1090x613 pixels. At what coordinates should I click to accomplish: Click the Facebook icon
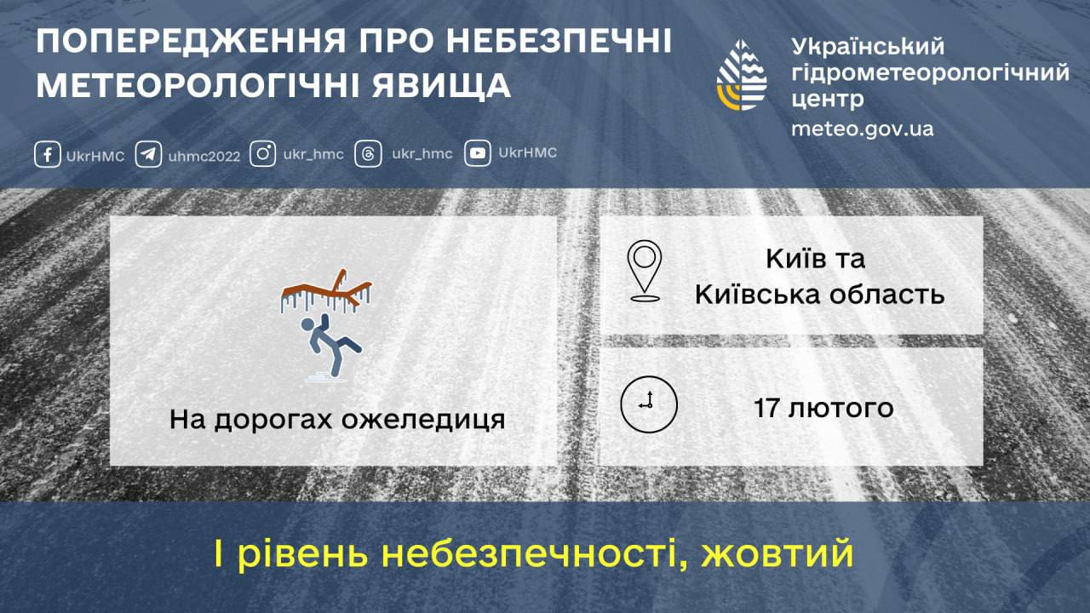[47, 154]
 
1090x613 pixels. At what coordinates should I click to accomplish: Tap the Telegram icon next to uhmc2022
[148, 154]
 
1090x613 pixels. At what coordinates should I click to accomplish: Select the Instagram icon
[263, 154]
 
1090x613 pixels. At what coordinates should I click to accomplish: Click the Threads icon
[368, 154]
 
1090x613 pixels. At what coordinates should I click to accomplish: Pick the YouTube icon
[478, 153]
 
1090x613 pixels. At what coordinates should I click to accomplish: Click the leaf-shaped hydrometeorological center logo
[742, 76]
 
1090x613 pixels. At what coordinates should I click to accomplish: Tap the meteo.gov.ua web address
[863, 129]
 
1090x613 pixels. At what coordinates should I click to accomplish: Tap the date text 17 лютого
[823, 408]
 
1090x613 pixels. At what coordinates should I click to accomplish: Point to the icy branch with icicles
[326, 292]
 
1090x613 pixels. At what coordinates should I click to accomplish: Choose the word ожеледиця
[423, 421]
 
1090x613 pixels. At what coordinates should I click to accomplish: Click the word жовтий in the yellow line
[777, 553]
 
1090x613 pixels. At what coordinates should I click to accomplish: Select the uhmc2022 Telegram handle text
[204, 156]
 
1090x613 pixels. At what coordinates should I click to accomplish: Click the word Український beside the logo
[868, 47]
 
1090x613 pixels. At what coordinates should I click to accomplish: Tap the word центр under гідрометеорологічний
[827, 100]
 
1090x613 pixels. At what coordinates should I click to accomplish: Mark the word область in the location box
[887, 295]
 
